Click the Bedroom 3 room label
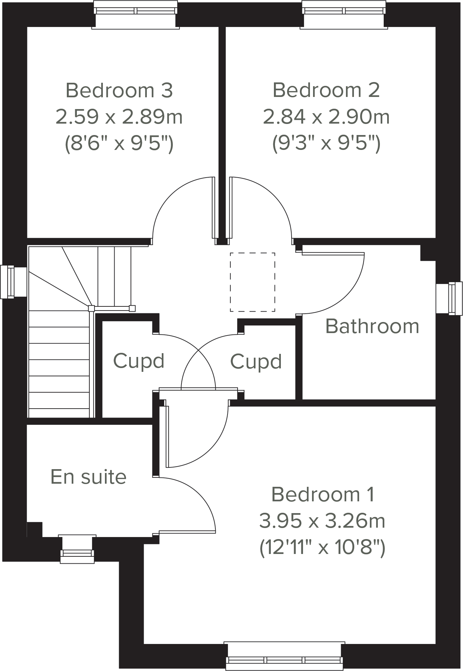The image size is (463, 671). (x=119, y=90)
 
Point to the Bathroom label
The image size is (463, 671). (x=372, y=326)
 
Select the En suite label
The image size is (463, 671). (x=88, y=477)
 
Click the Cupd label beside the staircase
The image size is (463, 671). (x=139, y=361)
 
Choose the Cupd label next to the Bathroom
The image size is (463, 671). (x=256, y=362)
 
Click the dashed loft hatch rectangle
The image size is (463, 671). (x=252, y=282)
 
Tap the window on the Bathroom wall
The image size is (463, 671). (x=449, y=298)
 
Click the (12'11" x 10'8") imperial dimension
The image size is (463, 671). (x=322, y=548)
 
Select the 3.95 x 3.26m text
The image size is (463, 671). (x=322, y=521)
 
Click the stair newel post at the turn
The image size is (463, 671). (x=91, y=308)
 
